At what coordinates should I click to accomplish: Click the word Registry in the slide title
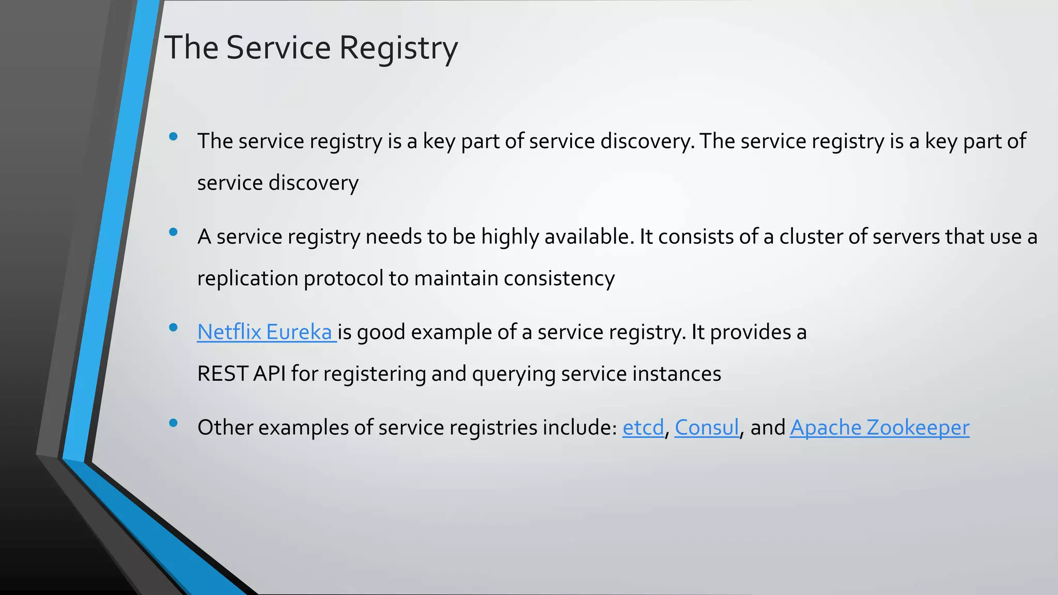(x=398, y=48)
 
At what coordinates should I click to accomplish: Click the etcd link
(x=643, y=428)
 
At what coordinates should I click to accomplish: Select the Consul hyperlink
(x=707, y=428)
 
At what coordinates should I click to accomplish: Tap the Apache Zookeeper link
(x=879, y=428)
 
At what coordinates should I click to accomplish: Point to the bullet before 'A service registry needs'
(x=174, y=232)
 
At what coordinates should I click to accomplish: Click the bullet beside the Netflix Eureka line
(x=174, y=327)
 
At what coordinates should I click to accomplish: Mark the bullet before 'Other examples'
(x=174, y=423)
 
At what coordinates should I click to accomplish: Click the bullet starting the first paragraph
(x=174, y=136)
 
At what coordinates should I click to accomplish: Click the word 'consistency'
(x=559, y=279)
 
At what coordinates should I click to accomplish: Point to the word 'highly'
(x=509, y=237)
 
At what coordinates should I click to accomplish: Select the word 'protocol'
(x=343, y=279)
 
